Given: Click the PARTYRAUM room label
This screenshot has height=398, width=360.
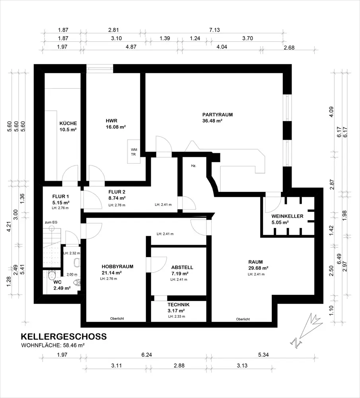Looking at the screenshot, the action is click(218, 115).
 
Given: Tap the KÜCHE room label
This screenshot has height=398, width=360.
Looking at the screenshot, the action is click(68, 123).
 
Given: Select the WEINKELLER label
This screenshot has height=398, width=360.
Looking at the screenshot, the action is click(287, 216).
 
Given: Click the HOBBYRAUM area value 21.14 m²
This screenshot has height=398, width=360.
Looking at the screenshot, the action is click(112, 273).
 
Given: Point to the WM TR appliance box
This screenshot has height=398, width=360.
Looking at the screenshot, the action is click(134, 152).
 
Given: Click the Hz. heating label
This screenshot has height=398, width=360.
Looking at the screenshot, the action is click(194, 166).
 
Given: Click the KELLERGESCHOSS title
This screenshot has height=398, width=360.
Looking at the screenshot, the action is click(64, 336).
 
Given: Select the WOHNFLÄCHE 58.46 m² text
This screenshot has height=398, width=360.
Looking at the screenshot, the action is click(53, 345).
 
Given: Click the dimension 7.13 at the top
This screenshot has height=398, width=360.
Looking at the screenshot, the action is click(214, 30).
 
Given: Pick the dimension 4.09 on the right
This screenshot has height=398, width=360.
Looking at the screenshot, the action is click(331, 112).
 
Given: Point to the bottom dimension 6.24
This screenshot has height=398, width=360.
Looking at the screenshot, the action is click(147, 355).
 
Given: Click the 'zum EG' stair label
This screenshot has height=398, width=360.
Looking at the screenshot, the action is click(51, 222).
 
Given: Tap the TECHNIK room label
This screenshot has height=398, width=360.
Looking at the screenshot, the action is click(178, 304).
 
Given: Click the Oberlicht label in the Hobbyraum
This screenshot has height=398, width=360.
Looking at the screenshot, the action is click(117, 318).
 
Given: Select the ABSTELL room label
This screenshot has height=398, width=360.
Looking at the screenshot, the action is click(182, 267).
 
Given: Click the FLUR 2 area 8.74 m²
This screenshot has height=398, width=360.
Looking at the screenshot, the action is click(117, 198).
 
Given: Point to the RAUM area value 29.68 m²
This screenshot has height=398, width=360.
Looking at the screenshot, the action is click(258, 268).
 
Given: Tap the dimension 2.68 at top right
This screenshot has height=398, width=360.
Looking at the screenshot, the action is click(289, 48).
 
